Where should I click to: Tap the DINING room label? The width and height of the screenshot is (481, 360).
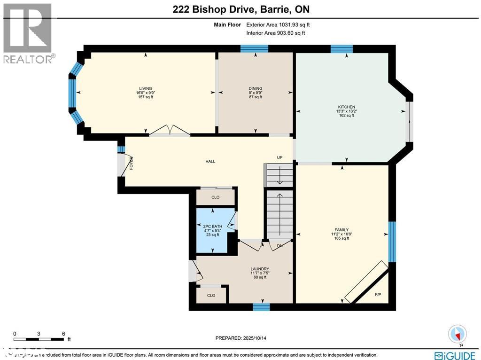[256, 88]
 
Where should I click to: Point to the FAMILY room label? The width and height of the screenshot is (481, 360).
[341, 230]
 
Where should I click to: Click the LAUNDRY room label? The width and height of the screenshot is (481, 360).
[259, 269]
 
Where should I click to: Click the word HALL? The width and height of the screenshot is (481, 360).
[210, 161]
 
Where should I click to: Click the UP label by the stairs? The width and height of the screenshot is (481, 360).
[279, 157]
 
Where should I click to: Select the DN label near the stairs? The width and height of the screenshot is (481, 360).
[279, 245]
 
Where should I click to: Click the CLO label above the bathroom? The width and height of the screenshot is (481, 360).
[215, 197]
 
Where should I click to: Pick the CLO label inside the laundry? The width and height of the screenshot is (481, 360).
[211, 295]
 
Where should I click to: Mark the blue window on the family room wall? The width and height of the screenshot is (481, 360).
[392, 241]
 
